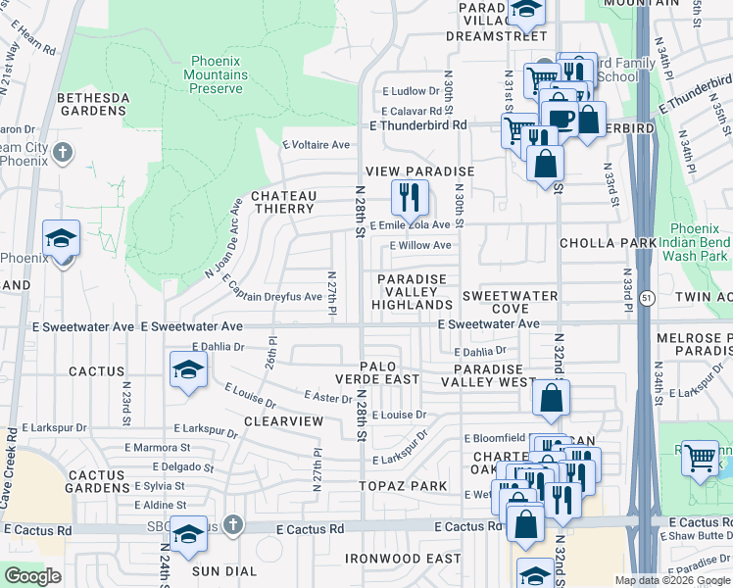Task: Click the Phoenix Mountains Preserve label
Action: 217,74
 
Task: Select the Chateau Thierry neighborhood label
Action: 284,202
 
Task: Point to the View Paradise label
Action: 420,171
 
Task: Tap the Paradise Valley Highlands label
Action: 413,292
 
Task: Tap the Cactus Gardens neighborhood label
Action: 96,481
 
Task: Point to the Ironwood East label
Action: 403,559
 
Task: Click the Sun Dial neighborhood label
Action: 224,571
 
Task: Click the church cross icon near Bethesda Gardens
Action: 63,152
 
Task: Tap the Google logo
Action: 33,576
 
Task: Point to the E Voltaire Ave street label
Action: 316,145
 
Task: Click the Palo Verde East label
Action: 389,372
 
